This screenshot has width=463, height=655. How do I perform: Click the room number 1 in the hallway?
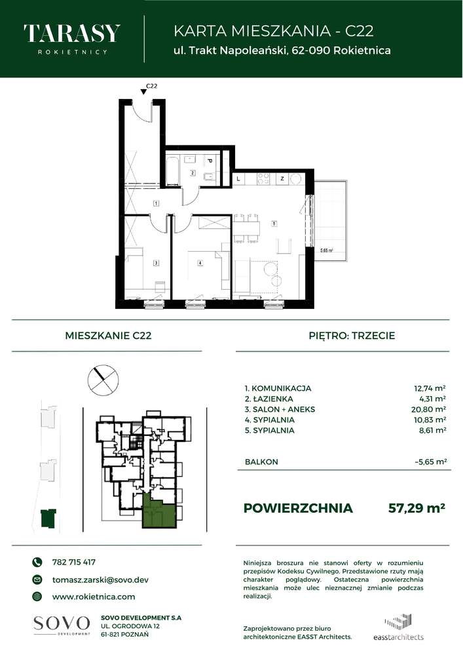(x=156, y=204)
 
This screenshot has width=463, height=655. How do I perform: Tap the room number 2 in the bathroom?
(x=193, y=173)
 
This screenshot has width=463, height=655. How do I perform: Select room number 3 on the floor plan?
(x=156, y=263)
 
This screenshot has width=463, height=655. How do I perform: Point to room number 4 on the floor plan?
(x=200, y=263)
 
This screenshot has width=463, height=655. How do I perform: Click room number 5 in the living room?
(x=275, y=224)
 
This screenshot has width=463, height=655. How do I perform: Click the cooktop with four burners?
(x=265, y=178)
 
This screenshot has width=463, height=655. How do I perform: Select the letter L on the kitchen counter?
(x=238, y=178)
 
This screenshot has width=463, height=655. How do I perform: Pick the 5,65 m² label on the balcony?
(x=325, y=250)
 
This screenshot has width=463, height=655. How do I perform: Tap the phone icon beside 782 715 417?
(x=37, y=562)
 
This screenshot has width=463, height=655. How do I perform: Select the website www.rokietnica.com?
(x=93, y=597)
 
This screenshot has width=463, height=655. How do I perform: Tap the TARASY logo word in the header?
(x=71, y=33)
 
